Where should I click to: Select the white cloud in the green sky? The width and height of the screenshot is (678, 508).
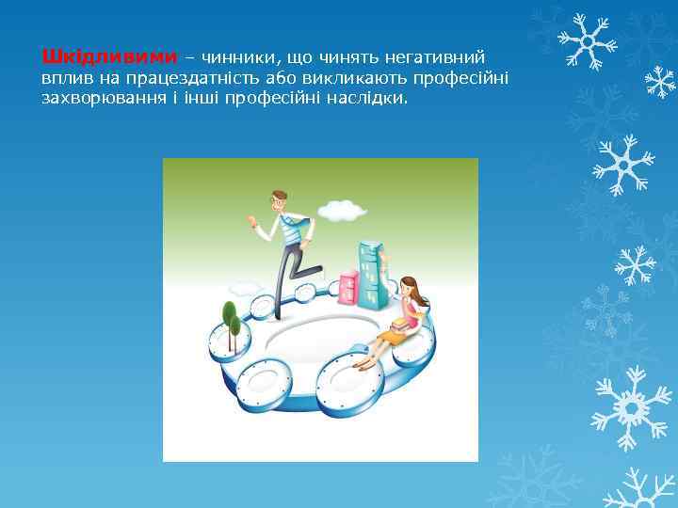coord(341,210)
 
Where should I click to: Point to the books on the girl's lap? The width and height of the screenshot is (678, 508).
coord(402,325)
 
